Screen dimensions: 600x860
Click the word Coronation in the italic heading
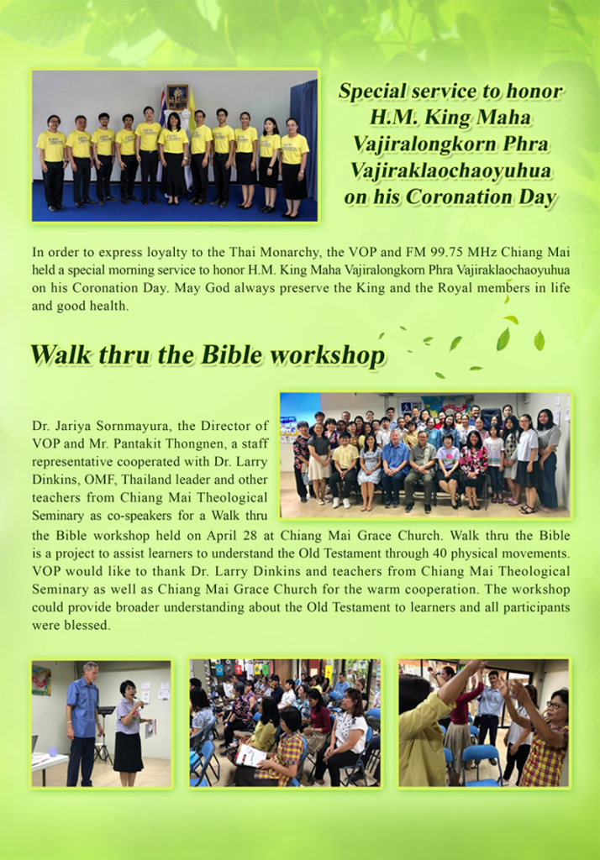pos(468,197)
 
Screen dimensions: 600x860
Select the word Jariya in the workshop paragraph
pos(74,426)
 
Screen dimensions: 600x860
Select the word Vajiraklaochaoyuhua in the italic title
pos(450,170)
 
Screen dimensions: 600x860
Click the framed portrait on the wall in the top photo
pos(177,97)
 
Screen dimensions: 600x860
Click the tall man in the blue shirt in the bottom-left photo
pos(83,723)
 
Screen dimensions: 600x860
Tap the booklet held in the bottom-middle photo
pos(250,755)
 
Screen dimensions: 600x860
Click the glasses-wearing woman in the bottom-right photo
pos(545,737)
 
